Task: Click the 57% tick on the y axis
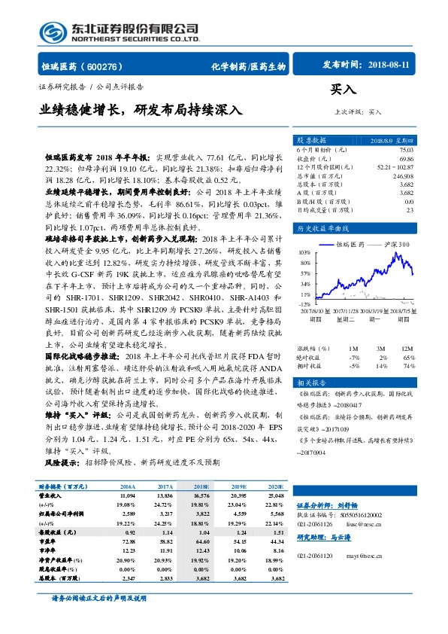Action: [x=304, y=274]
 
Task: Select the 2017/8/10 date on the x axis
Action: [x=310, y=309]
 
